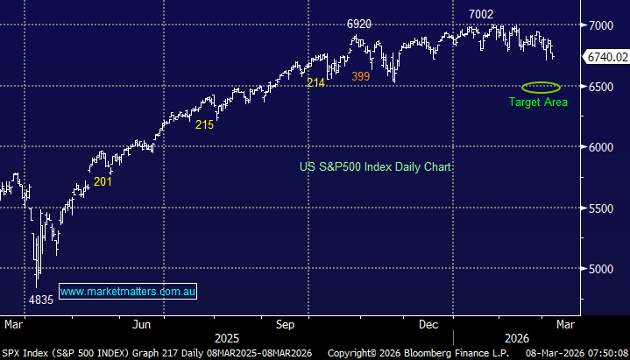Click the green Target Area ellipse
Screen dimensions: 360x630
pyautogui.click(x=541, y=87)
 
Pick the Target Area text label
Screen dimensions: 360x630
pyautogui.click(x=538, y=102)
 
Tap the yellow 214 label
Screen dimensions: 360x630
pyautogui.click(x=316, y=83)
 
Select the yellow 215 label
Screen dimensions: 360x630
pyautogui.click(x=204, y=125)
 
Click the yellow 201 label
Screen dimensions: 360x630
pyautogui.click(x=103, y=181)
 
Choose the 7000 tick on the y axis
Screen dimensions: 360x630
pyautogui.click(x=600, y=26)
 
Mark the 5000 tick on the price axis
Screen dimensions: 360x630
pyautogui.click(x=600, y=269)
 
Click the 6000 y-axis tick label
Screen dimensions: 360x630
pyautogui.click(x=600, y=147)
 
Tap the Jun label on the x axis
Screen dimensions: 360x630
pyautogui.click(x=142, y=324)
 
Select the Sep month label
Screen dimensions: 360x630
pyautogui.click(x=286, y=324)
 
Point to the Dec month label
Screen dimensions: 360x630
pyautogui.click(x=428, y=324)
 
